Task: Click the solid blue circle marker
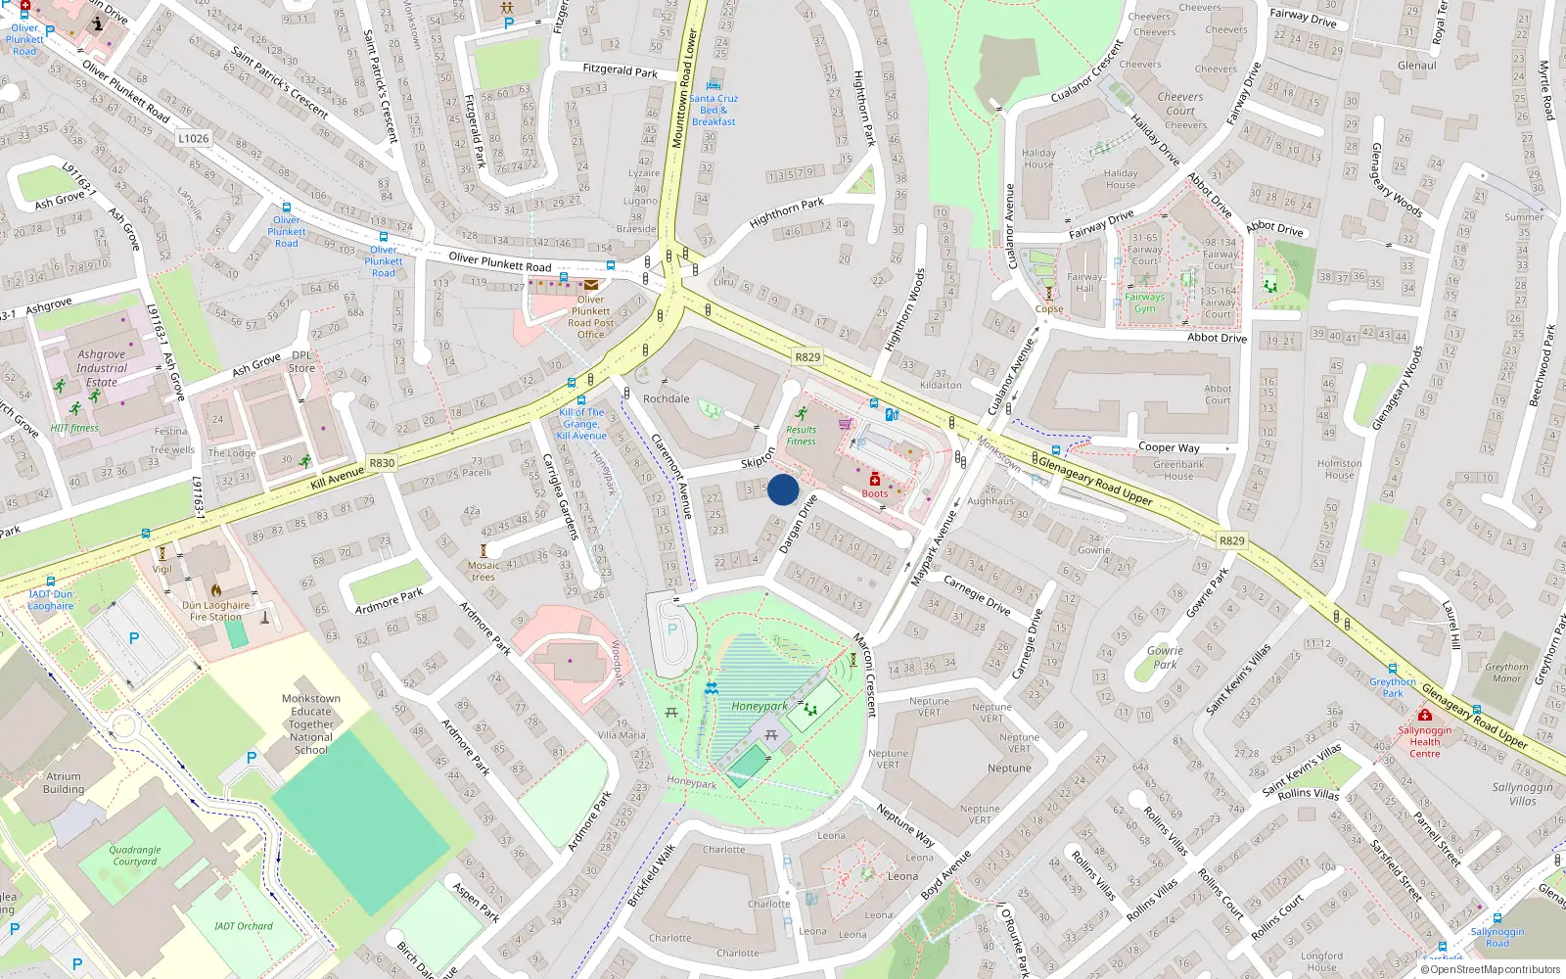point(783,489)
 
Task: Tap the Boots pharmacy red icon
point(875,479)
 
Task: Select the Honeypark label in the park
point(760,706)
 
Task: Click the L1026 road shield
point(194,138)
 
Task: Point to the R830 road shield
point(382,463)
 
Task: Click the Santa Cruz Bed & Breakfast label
point(714,110)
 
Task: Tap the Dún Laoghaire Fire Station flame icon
point(216,589)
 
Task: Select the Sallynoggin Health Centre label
point(1425,742)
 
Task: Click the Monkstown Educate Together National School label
point(311,724)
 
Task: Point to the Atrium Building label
point(64,782)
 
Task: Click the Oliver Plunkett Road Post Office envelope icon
point(591,285)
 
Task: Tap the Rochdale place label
point(666,398)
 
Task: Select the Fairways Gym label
point(1145,303)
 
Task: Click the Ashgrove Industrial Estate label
point(102,368)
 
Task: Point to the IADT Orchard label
point(244,925)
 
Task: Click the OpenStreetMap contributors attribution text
point(1492,969)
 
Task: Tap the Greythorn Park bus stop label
point(1393,687)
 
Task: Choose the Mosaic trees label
point(484,571)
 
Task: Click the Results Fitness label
point(801,436)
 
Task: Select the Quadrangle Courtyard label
point(135,856)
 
